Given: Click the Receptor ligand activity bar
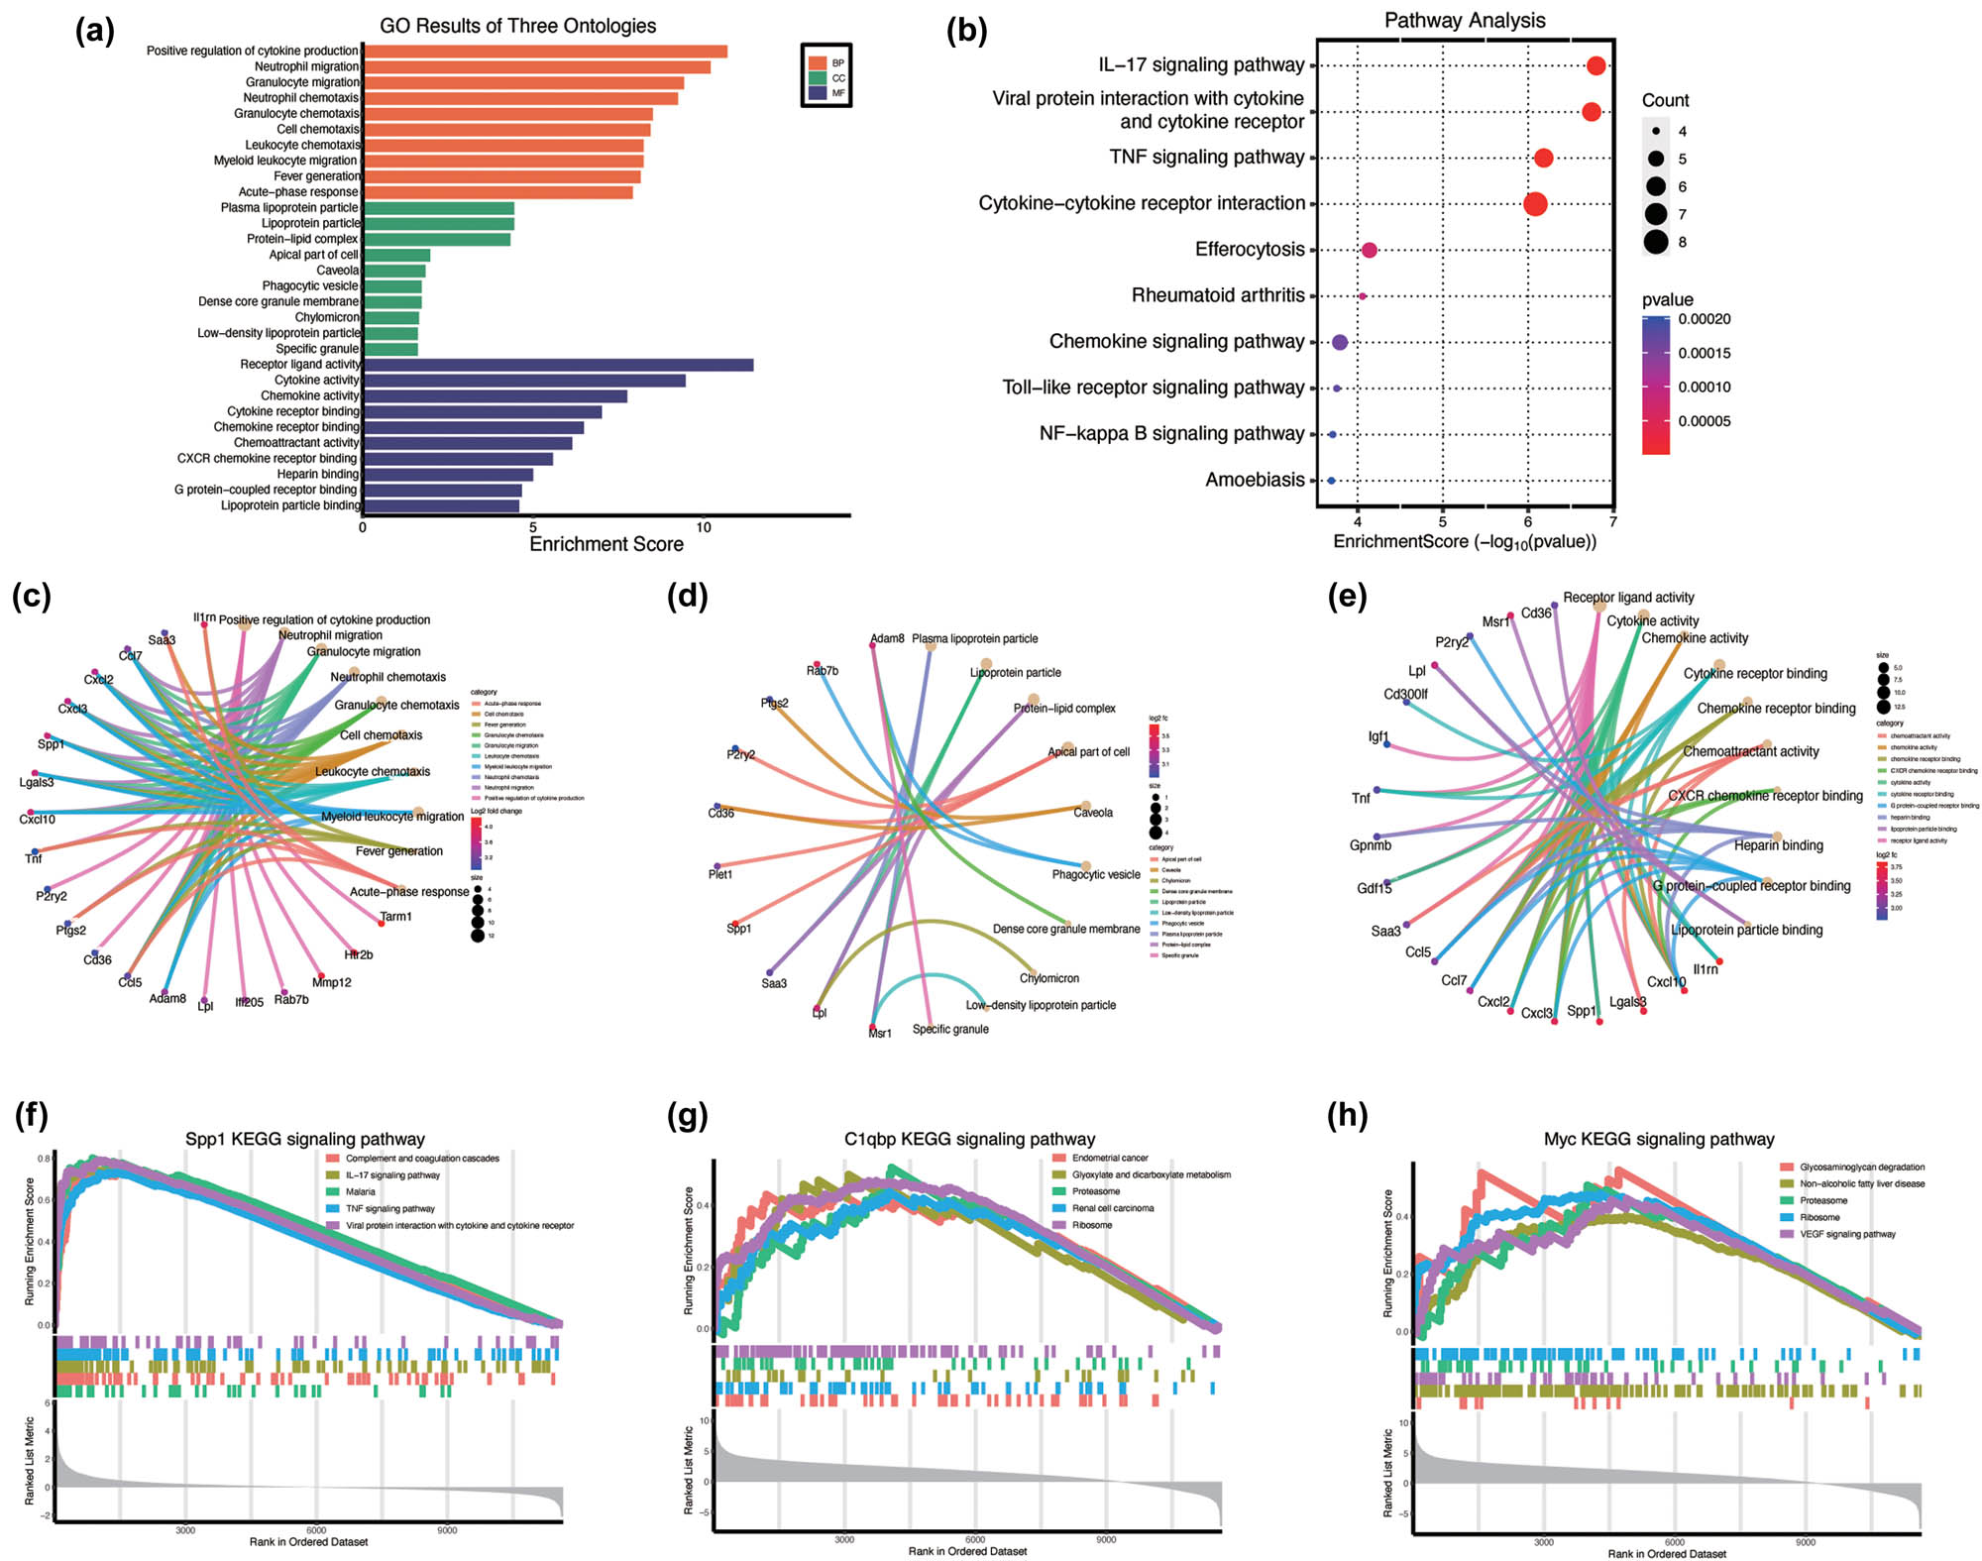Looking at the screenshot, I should (557, 365).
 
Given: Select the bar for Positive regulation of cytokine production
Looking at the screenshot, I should (544, 52).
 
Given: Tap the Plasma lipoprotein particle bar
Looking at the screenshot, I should (437, 208).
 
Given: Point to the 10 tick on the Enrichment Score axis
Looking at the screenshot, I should (703, 527).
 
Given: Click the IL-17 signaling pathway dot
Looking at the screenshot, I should (1596, 66).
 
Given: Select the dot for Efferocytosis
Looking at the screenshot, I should (1369, 250).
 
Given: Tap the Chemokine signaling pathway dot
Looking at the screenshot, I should (1340, 342).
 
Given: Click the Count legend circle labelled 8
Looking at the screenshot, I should (1655, 242).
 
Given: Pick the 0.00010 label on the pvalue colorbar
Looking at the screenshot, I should (1704, 387).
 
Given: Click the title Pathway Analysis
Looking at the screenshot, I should (1464, 20).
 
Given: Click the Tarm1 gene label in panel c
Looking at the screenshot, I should (395, 917).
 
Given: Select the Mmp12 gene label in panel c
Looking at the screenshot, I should (331, 982).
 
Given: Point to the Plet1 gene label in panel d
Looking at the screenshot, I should (720, 874).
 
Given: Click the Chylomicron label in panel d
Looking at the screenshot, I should (1048, 978).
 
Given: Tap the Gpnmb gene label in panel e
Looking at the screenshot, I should (1370, 845).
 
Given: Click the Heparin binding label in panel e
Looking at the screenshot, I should (1778, 845).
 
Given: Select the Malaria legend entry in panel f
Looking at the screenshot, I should (360, 1191).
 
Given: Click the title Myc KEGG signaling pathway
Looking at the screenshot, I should (1658, 1139).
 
